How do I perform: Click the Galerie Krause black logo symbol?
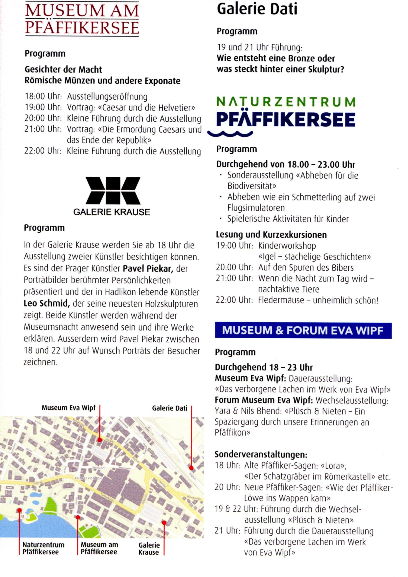point(113,191)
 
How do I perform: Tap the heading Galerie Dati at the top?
point(257,9)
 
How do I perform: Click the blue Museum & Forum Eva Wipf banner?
point(303,331)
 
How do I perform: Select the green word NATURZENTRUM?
point(286,102)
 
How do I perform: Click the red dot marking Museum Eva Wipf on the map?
point(100,440)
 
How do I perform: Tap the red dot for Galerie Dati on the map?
point(191,468)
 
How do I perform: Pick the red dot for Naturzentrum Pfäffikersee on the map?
point(19,510)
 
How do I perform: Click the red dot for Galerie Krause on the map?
point(164,523)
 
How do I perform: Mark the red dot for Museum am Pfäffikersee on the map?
point(78,517)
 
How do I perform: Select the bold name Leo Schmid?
point(47,304)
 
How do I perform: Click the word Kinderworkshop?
point(287,246)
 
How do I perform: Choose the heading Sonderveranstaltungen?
point(261,454)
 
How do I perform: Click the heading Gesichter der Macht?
point(63,69)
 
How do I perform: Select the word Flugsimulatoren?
point(256,208)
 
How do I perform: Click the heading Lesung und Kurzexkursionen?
point(271,234)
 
